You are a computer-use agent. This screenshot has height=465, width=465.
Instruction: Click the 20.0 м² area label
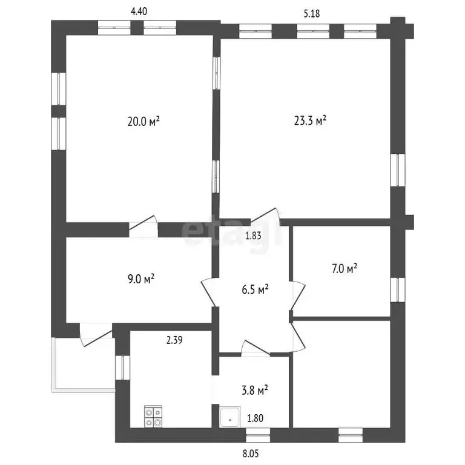pyautogui.click(x=143, y=121)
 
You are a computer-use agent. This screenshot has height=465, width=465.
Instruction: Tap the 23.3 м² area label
pyautogui.click(x=310, y=120)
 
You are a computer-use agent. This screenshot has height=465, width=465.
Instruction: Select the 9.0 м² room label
pyautogui.click(x=141, y=279)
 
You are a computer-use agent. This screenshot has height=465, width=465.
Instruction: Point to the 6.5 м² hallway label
pyautogui.click(x=256, y=289)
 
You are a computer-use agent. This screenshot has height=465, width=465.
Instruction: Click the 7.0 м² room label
pyautogui.click(x=344, y=269)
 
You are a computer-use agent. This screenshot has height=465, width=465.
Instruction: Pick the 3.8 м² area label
pyautogui.click(x=255, y=390)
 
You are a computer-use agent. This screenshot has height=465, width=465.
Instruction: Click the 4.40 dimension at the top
pyautogui.click(x=139, y=12)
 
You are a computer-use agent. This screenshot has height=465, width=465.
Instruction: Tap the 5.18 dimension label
pyautogui.click(x=312, y=14)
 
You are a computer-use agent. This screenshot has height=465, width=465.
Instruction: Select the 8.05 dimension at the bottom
pyautogui.click(x=251, y=453)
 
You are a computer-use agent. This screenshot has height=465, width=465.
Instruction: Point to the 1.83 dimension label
pyautogui.click(x=253, y=236)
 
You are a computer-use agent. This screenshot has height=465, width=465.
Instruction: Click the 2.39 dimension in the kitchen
pyautogui.click(x=174, y=340)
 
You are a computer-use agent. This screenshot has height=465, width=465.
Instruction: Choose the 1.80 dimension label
pyautogui.click(x=255, y=418)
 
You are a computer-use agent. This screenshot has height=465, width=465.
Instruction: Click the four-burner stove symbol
pyautogui.click(x=153, y=417)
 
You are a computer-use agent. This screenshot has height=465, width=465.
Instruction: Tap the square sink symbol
pyautogui.click(x=230, y=417)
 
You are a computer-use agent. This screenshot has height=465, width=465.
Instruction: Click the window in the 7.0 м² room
pyautogui.click(x=397, y=290)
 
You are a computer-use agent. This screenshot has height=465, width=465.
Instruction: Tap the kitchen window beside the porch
pyautogui.click(x=122, y=368)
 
